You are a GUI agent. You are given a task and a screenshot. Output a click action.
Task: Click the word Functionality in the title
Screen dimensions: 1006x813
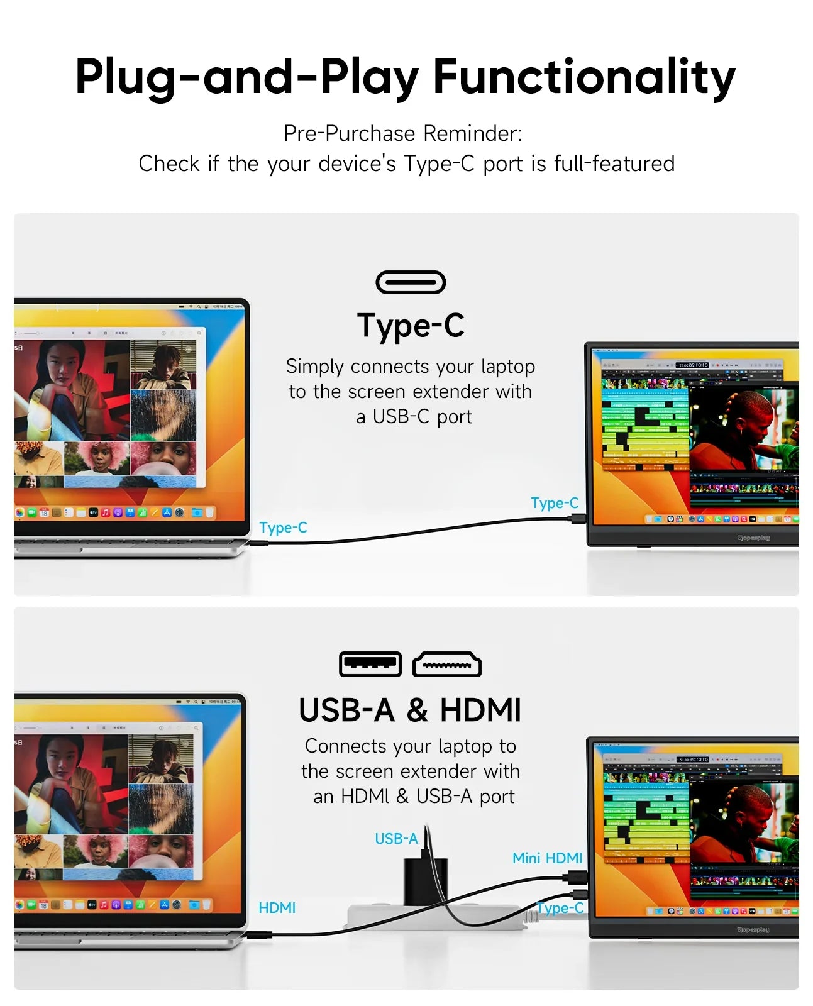[583, 77]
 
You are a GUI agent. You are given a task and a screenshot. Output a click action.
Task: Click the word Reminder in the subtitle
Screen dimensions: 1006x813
[472, 133]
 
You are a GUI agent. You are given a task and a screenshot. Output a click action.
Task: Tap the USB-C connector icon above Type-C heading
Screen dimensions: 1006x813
[410, 282]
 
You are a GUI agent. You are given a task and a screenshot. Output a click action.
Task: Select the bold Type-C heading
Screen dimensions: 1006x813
[411, 326]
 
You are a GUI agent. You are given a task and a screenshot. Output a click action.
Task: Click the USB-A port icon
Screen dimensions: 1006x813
[370, 664]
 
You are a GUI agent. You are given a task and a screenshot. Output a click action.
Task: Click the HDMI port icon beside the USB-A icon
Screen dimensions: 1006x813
[446, 665]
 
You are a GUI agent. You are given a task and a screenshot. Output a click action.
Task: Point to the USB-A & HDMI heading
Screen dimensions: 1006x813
[409, 710]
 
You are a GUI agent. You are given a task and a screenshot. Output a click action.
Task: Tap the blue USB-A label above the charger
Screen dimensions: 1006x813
[395, 839]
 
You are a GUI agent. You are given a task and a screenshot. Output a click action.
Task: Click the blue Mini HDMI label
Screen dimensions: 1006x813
[547, 858]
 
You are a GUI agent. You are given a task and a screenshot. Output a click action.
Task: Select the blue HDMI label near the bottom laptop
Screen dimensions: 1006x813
[277, 908]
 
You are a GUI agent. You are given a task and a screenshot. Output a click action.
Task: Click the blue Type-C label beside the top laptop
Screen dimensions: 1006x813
[283, 528]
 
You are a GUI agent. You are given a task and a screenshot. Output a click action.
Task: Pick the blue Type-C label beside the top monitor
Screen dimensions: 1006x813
[554, 503]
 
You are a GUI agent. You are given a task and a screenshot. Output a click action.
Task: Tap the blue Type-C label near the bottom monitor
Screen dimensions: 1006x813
[560, 908]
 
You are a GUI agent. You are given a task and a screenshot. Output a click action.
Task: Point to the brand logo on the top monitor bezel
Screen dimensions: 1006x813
[753, 538]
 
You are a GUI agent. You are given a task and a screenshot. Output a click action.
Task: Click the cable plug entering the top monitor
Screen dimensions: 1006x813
[577, 519]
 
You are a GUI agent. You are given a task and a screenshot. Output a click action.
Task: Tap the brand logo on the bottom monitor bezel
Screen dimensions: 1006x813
[753, 929]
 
